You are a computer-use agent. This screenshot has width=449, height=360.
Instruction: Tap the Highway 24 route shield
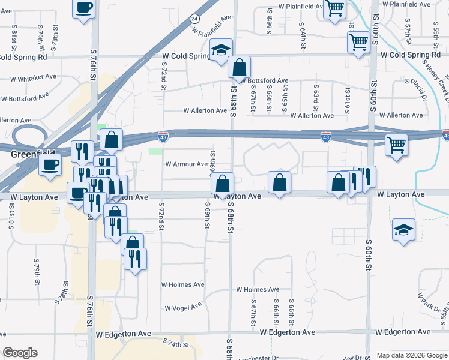pos(194,19)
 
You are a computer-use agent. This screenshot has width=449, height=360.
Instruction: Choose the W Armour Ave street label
pos(186,164)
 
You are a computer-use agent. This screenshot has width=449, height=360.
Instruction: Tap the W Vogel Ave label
pos(184,307)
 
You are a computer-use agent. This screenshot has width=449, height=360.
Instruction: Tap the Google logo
pos(20,352)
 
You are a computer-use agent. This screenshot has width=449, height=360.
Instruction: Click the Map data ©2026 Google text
pos(411,355)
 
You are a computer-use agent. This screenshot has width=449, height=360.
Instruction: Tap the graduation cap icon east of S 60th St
pos(403,229)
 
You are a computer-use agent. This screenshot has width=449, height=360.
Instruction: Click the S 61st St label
pos(348,94)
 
